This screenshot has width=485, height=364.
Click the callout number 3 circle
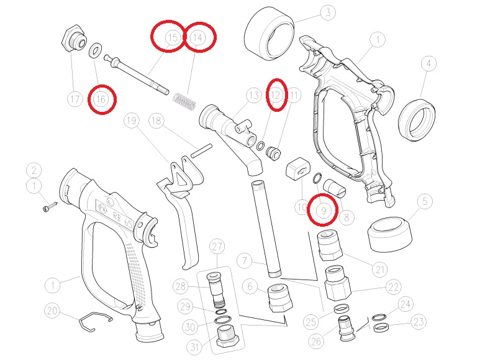point(327,12)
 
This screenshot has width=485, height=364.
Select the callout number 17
point(75,99)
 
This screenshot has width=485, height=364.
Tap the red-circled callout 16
point(101,99)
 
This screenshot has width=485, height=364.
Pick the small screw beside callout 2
point(50,206)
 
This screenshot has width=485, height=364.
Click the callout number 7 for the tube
point(245,261)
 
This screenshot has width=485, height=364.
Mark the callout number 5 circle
point(425,201)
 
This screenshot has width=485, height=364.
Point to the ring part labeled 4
point(416,119)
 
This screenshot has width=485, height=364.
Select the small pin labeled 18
point(201,150)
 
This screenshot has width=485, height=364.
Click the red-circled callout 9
point(324,211)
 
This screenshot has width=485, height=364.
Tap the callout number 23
point(419,322)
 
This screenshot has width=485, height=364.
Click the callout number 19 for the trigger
point(132,120)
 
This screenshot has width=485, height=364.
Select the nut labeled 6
point(280,298)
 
